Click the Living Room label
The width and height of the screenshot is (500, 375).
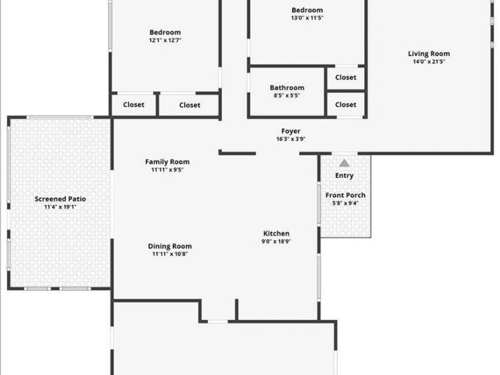(x=429, y=54)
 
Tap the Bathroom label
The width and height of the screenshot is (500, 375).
(x=287, y=88)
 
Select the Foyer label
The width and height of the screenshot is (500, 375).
(x=291, y=132)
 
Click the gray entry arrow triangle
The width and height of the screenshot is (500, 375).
(x=344, y=163)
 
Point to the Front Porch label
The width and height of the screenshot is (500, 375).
(x=345, y=195)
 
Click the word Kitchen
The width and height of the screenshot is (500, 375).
(x=276, y=234)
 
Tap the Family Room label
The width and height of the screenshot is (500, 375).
(x=167, y=162)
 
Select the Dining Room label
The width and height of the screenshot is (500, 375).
(x=169, y=247)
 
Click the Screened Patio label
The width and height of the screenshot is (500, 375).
(x=60, y=199)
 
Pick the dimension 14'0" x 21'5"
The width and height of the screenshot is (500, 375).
(x=429, y=62)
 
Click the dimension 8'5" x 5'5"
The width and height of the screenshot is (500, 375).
(x=287, y=96)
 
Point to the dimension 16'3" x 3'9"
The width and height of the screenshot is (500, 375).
(x=291, y=139)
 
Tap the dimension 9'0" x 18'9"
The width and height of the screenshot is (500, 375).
(x=276, y=242)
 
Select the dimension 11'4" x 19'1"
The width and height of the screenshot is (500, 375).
(x=60, y=207)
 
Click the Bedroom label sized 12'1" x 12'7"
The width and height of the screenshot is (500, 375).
(x=165, y=32)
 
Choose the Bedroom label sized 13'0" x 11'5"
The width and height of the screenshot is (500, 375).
(x=307, y=10)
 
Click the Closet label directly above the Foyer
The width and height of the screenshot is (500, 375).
(x=346, y=104)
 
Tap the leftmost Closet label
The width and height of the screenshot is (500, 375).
(x=133, y=104)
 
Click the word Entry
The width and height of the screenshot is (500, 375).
(x=344, y=176)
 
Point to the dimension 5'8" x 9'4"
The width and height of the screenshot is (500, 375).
(x=345, y=203)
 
